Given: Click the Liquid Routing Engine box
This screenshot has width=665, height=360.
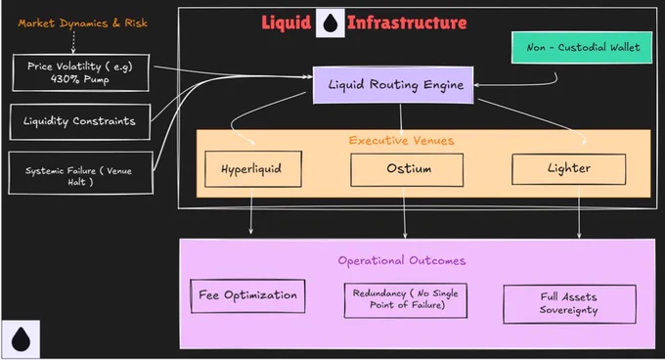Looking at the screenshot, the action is [393, 85].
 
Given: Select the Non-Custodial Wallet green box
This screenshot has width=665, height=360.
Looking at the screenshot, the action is [582, 48].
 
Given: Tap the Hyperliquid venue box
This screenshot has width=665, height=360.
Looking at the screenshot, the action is [253, 169].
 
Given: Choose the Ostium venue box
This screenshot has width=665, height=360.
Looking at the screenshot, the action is [407, 169].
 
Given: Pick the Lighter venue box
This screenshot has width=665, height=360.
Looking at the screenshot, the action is [569, 169].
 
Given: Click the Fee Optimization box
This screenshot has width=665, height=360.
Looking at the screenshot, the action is [247, 296].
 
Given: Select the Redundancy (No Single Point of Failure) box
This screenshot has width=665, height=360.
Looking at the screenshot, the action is [406, 300].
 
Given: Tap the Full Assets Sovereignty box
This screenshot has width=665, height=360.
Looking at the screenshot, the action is [569, 304].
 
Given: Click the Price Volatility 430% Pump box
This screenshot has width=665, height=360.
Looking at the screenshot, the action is [80, 72].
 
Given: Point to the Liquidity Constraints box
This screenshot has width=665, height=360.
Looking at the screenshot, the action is [80, 121].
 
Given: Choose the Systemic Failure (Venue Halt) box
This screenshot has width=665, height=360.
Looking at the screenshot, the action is [80, 173].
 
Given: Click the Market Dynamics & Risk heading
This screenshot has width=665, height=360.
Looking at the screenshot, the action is [83, 23].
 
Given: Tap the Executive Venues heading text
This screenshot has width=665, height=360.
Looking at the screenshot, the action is [401, 140].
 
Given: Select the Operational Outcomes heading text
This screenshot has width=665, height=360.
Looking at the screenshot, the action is [402, 260].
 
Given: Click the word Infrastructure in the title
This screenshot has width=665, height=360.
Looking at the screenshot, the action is [407, 22].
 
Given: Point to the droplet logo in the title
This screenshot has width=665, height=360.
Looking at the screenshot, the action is [331, 22].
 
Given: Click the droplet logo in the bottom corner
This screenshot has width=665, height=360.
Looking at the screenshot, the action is [21, 339].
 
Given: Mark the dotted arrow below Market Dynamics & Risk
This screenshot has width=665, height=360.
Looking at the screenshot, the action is [73, 42].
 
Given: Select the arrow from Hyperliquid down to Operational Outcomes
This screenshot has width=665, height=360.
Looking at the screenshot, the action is [251, 210].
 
